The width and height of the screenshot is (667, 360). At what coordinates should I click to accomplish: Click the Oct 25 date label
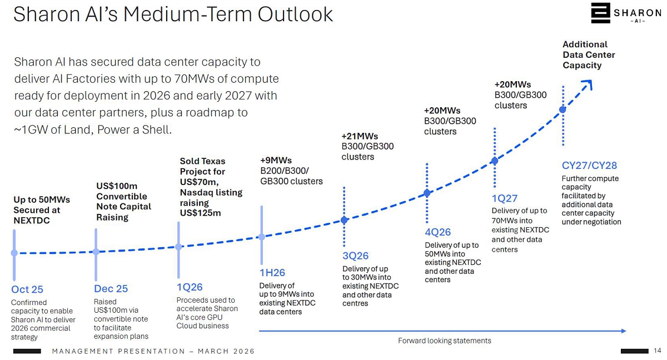(27, 289)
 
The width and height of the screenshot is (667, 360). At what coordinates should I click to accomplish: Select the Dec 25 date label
(111, 289)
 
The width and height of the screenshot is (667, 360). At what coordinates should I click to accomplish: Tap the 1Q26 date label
(190, 287)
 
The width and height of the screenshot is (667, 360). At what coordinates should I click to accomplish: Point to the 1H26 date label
(272, 273)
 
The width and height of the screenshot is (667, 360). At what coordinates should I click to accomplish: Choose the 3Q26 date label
(356, 256)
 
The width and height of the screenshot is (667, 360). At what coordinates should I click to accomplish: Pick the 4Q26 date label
(438, 232)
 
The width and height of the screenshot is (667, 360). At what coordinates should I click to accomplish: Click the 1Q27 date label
(505, 198)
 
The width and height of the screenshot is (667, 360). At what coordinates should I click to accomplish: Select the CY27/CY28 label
(589, 166)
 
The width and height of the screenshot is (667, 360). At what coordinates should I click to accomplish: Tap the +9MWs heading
(276, 161)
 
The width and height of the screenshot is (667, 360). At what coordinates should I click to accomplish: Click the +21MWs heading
(360, 137)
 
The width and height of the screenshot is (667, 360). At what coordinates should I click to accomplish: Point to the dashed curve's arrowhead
(589, 84)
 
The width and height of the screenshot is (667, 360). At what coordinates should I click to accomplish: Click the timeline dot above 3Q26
(344, 220)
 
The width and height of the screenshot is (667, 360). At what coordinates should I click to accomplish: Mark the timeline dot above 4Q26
(427, 193)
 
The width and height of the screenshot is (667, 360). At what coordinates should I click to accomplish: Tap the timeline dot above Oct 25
(14, 253)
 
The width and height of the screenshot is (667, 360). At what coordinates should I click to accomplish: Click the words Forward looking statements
(445, 341)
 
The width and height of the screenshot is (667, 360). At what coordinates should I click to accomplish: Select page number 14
(658, 351)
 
